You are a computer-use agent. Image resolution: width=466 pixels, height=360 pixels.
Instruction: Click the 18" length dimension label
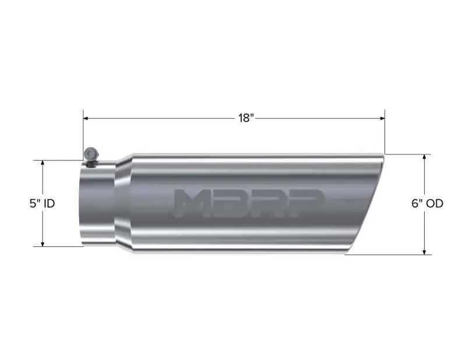[x=246, y=118]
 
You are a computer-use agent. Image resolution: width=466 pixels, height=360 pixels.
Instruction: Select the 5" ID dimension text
[x=43, y=204]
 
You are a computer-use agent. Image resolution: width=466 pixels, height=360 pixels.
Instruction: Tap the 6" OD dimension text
[x=427, y=204]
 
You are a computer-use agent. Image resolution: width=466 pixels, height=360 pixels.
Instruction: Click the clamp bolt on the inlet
[x=91, y=154]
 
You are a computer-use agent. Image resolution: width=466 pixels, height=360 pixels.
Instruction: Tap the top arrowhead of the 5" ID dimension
[x=43, y=163]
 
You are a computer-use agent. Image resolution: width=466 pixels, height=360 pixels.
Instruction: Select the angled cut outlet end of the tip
[x=365, y=204]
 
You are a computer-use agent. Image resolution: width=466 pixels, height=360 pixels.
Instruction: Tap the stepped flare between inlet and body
[x=122, y=204]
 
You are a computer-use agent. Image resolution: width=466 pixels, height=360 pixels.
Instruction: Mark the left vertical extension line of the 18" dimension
[x=83, y=131]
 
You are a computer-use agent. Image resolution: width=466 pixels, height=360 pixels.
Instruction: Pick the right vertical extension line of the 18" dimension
[x=384, y=131]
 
